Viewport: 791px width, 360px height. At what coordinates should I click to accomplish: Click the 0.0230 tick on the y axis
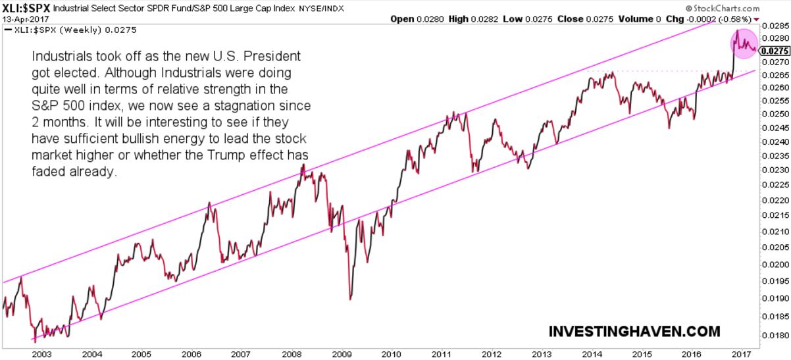775,170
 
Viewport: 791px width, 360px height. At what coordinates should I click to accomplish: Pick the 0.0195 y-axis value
775,280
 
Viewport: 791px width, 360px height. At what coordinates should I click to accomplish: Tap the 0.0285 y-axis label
775,26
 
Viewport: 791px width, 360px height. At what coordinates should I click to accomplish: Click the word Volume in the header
630,19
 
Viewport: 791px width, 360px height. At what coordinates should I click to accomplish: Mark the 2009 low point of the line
349,299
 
